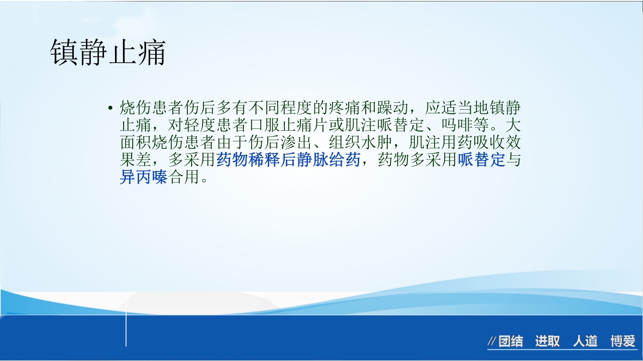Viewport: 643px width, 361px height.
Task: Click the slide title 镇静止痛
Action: [108, 53]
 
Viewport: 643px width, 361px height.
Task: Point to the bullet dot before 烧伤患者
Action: [110, 108]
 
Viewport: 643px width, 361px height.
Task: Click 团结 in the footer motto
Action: [510, 342]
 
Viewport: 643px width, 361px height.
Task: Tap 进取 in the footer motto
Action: [547, 342]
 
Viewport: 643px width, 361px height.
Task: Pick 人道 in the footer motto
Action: [585, 342]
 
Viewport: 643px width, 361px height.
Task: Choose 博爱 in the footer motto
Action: [623, 342]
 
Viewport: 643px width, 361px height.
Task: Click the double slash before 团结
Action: [492, 342]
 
